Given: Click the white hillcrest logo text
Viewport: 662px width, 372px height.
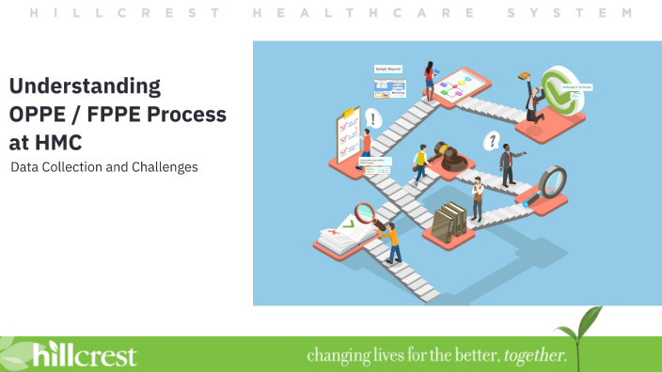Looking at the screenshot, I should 85,355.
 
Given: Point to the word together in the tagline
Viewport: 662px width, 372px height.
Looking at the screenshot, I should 535,356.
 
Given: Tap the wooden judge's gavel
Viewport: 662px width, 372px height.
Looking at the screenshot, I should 451,159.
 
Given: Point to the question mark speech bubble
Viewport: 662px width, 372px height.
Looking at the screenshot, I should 490,142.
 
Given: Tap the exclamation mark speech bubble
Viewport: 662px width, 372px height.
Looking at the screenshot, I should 375,119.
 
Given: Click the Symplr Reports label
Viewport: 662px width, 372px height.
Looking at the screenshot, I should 388,70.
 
